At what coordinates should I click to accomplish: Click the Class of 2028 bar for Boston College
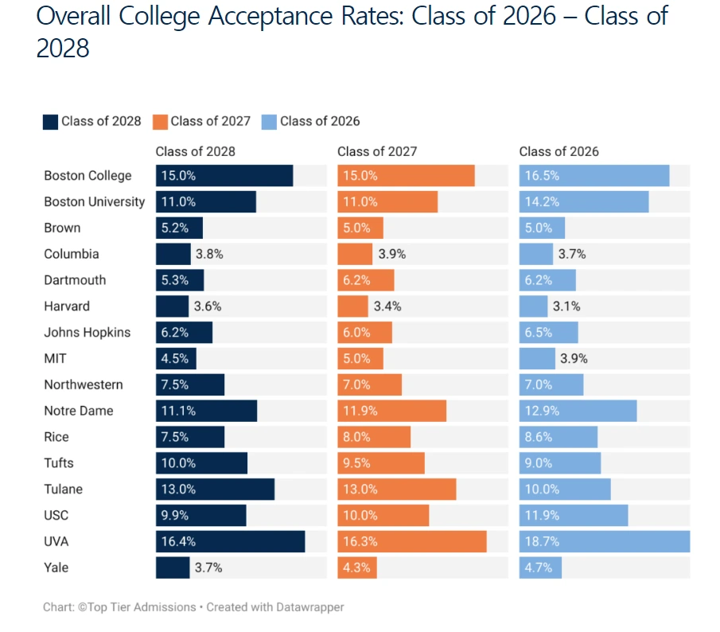click(224, 176)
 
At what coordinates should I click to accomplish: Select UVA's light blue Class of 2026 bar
click(605, 541)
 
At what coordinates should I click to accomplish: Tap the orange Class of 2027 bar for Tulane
click(396, 490)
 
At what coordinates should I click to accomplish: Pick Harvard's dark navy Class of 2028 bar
click(172, 306)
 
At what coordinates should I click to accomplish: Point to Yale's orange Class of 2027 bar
click(357, 568)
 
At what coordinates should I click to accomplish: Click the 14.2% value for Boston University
click(539, 202)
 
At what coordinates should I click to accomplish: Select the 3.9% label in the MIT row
click(574, 359)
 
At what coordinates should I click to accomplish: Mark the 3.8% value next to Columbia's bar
click(209, 255)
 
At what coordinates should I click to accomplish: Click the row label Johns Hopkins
click(87, 333)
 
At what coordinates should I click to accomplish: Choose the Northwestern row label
click(84, 385)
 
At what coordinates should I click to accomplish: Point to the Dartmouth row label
click(75, 280)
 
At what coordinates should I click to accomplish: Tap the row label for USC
click(56, 516)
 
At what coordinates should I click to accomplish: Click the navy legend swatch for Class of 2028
click(50, 122)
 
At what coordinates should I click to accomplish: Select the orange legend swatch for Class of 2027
click(160, 122)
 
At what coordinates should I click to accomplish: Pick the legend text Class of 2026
click(320, 122)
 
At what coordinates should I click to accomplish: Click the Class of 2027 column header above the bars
click(377, 151)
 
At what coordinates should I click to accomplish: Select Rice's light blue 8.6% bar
click(558, 437)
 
